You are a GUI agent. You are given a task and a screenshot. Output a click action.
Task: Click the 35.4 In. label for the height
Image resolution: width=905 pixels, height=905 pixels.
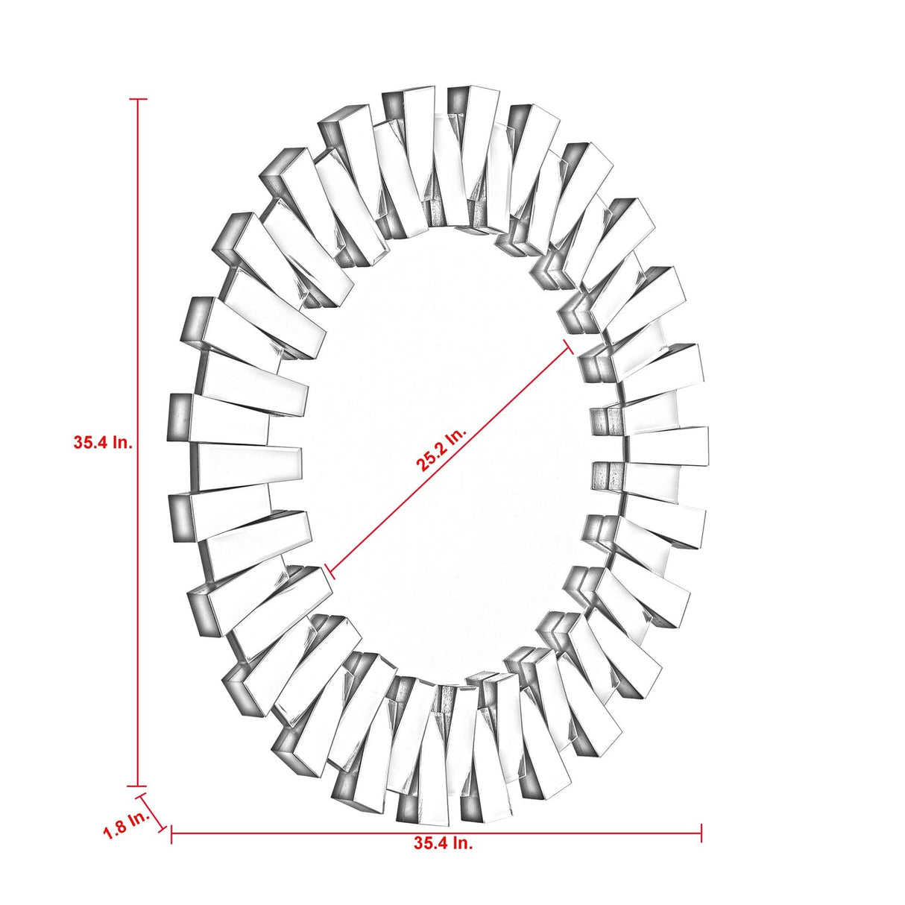click(x=103, y=442)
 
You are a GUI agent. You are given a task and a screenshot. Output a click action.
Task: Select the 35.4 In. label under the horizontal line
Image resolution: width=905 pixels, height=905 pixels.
click(x=443, y=843)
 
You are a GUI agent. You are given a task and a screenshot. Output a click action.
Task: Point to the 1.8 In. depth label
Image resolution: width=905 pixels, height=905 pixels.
click(x=126, y=824)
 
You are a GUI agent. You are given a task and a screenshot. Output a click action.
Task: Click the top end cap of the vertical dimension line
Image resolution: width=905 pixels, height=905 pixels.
click(x=138, y=99)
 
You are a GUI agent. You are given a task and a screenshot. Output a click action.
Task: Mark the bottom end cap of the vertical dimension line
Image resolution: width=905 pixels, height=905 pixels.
click(x=138, y=786)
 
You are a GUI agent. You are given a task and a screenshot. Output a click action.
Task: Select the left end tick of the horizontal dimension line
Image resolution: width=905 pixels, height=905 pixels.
click(x=171, y=833)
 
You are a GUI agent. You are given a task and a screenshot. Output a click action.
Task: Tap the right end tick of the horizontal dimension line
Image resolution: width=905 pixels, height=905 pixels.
click(x=701, y=833)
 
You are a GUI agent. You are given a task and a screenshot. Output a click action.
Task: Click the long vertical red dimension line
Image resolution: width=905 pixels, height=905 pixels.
click(x=138, y=298)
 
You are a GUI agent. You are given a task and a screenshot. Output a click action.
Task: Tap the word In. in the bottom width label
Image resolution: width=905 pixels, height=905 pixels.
click(x=462, y=843)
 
